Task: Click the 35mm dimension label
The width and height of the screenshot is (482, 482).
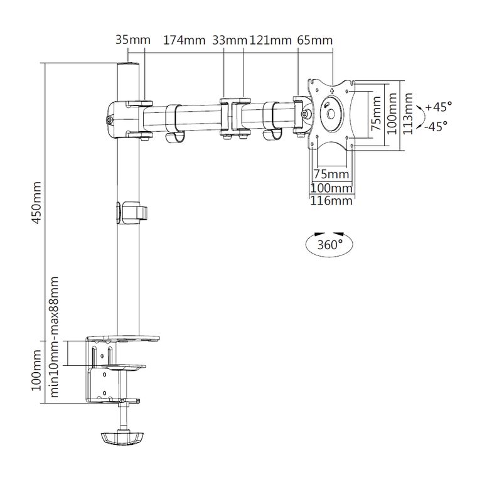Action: [x=133, y=41]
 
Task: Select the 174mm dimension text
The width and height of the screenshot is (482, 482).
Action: [x=185, y=41]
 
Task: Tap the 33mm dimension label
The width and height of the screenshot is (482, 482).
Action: [x=230, y=41]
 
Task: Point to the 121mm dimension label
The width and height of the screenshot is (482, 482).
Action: [x=270, y=41]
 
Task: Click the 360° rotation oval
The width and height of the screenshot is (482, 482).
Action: [x=330, y=244]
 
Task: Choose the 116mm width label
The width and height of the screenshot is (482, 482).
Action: [x=331, y=201]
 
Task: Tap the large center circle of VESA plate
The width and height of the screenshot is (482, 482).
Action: [x=331, y=115]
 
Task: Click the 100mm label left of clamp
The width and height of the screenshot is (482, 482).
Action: [x=36, y=371]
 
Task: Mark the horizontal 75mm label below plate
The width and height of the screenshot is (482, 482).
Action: [x=331, y=174]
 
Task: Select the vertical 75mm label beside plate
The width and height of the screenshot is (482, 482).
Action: [x=376, y=116]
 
